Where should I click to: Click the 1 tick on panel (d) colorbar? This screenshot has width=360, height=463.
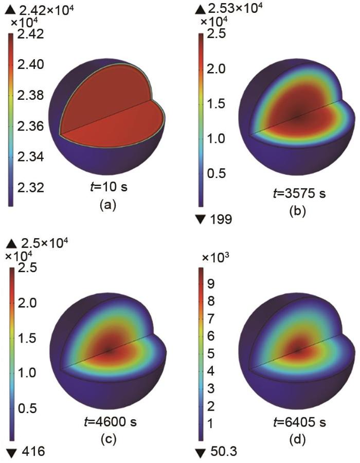click(x=210, y=422)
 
